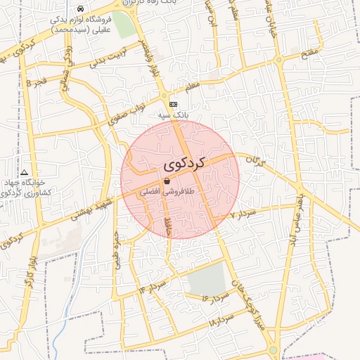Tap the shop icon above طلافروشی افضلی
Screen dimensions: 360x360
166,181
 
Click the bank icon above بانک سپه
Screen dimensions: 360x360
174,104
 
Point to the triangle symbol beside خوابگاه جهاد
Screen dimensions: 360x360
25,172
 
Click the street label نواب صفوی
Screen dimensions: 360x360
127,112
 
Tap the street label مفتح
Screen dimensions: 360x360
309,53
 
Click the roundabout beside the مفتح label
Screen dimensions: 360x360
280,61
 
